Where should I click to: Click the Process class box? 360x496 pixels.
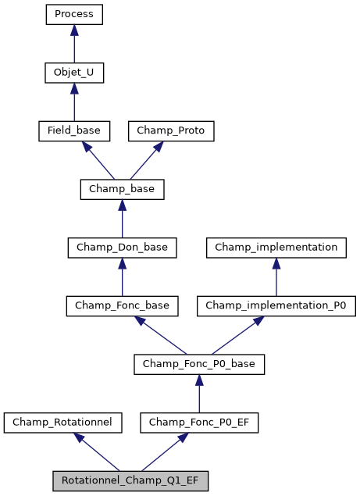[x=74, y=14]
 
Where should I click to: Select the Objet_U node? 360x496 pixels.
[x=74, y=73]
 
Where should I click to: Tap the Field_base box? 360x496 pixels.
[x=74, y=130]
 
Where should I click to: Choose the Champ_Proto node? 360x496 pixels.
[x=171, y=130]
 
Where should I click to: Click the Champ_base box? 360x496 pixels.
[x=122, y=189]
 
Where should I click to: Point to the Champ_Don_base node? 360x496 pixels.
[x=122, y=248]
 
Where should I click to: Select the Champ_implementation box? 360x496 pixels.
[x=276, y=248]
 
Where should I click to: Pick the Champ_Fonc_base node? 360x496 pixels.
[x=122, y=305]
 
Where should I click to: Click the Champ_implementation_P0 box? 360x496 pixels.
[x=276, y=305]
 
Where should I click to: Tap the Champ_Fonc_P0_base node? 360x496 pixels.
[x=199, y=364]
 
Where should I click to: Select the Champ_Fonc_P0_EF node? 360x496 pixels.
[x=199, y=423]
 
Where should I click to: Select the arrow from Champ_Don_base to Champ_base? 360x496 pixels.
[x=122, y=218]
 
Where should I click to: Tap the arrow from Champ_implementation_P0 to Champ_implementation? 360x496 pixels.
[x=276, y=277]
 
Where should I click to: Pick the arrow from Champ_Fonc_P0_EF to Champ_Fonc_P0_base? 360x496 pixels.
[x=199, y=393]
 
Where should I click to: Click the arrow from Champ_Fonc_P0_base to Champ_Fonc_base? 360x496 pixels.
[x=160, y=334]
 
